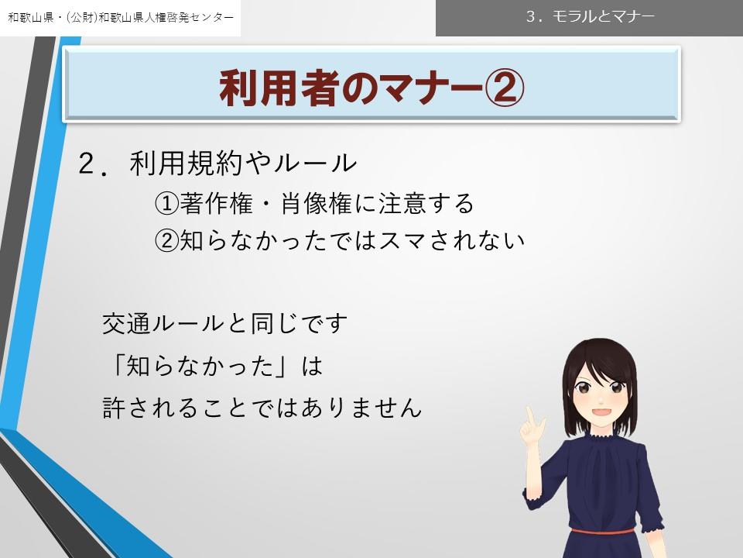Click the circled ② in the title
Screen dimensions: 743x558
tap(504, 88)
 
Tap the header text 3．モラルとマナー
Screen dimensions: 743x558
tap(590, 16)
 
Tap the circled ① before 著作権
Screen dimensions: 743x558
tap(167, 204)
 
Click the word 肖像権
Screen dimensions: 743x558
tap(317, 203)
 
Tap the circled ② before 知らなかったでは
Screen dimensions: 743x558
tap(167, 241)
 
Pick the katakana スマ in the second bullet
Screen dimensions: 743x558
tap(402, 240)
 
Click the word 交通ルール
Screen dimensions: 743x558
tap(163, 324)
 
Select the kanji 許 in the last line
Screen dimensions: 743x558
tap(115, 407)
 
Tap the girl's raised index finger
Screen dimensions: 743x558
tap(530, 415)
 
